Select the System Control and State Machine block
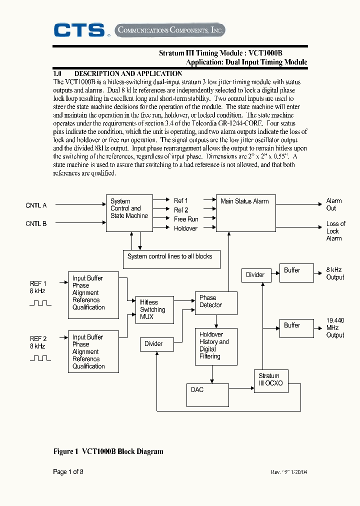(129, 213)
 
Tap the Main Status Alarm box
(245, 213)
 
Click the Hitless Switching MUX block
(154, 310)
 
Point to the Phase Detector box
(215, 302)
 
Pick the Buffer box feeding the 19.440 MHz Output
(296, 328)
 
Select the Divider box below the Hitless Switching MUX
(158, 344)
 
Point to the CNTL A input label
(36, 205)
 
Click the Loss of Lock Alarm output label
(335, 231)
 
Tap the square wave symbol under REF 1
(40, 303)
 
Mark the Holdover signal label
(185, 228)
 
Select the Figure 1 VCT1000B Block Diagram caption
(108, 451)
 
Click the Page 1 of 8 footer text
(68, 471)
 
